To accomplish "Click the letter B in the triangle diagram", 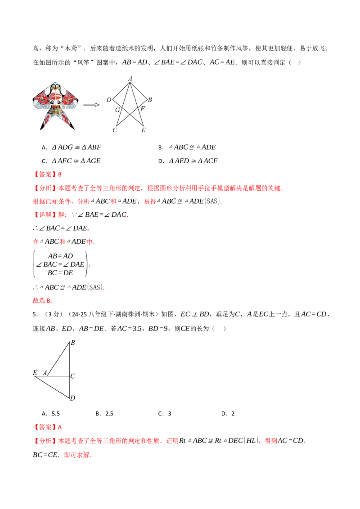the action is click(x=72, y=343).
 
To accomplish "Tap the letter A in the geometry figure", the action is click(x=45, y=372).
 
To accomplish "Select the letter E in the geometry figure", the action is click(x=35, y=372).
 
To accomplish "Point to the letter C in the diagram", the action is click(x=73, y=375).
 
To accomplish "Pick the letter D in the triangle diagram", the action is click(x=72, y=398).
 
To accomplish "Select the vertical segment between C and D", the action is click(x=70, y=387).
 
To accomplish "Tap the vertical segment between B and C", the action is click(x=70, y=360).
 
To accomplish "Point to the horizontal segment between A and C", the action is click(x=58, y=375).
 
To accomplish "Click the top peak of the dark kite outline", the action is click(x=130, y=77).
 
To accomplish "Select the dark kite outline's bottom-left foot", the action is click(x=115, y=130).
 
